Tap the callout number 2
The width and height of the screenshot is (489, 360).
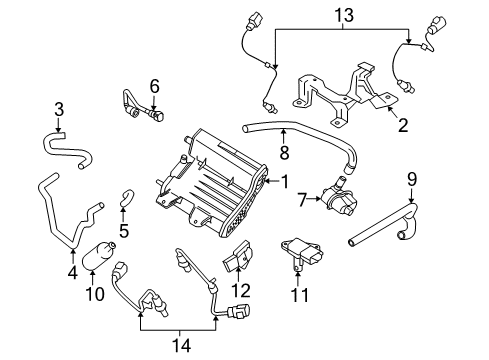pos(402,125)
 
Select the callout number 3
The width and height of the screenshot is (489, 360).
pos(59,108)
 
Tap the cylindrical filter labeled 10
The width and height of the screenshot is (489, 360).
pos(99,255)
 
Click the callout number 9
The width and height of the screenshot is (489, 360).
pos(410,180)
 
